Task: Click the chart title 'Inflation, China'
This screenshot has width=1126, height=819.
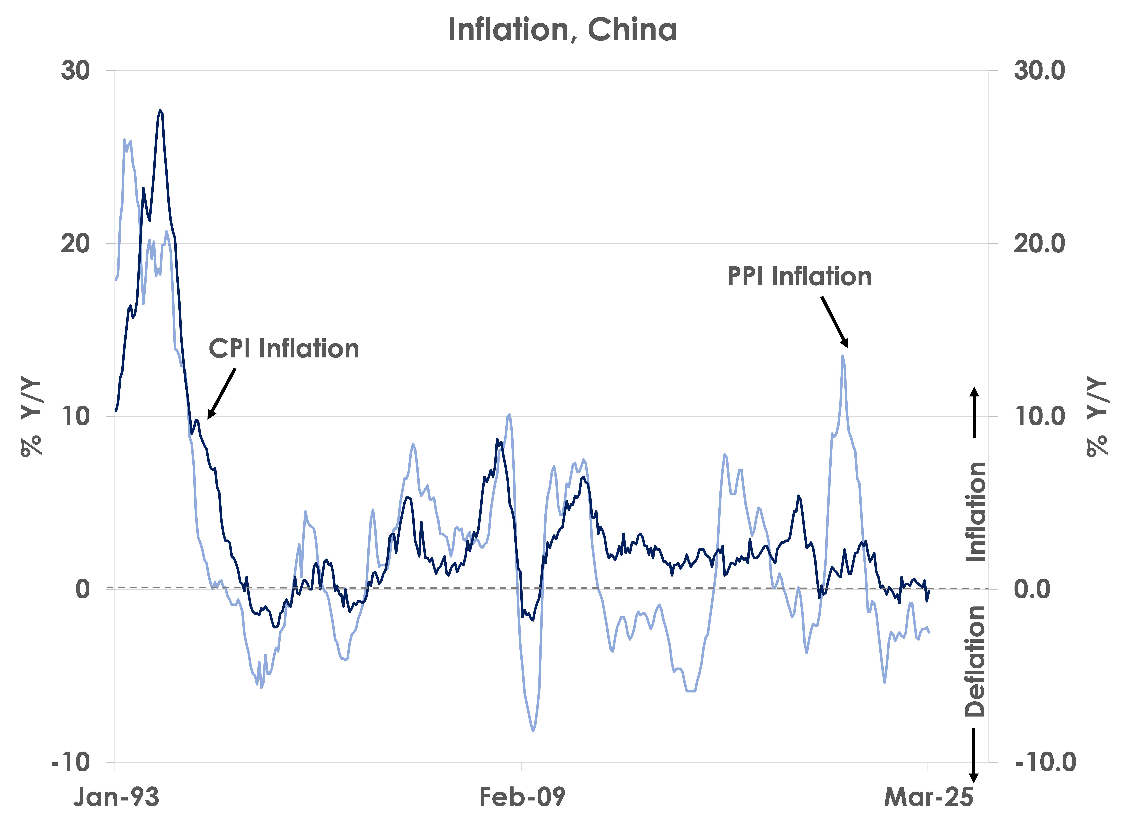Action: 563,30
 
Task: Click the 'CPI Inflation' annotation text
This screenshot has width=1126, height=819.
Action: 284,348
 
